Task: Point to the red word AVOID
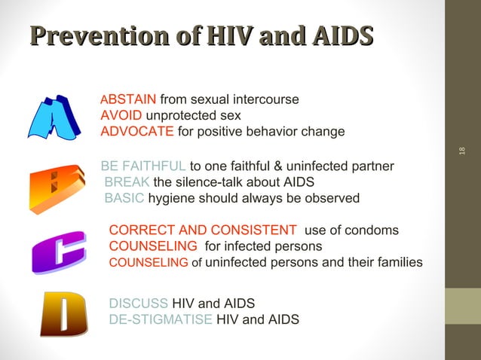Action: [121, 116]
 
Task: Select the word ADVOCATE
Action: [137, 132]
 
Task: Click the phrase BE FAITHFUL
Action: [143, 166]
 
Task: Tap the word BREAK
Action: [127, 182]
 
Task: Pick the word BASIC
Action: [124, 198]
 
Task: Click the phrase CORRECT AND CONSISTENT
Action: [203, 230]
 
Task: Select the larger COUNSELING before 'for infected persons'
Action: [154, 246]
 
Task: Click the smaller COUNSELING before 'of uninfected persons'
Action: [149, 263]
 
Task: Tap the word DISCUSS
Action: [139, 304]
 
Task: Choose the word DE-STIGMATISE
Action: [161, 319]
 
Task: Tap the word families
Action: [396, 262]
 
